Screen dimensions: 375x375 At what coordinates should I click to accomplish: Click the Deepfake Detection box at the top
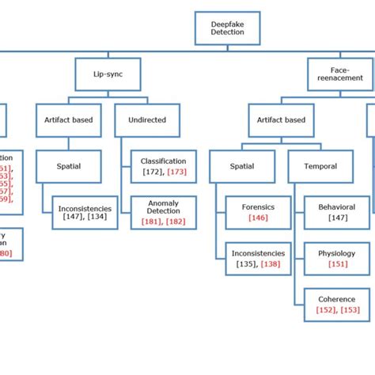coord(227,28)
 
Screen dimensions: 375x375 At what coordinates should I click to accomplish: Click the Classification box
coord(157,166)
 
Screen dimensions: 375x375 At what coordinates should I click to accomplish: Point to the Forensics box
coord(258,211)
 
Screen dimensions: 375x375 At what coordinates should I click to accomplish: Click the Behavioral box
coord(337,212)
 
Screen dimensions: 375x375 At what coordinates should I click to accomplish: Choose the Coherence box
coord(337,305)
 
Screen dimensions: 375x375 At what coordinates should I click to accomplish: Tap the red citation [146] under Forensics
coord(258,217)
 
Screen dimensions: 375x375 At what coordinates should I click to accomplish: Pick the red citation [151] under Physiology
coord(337,264)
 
